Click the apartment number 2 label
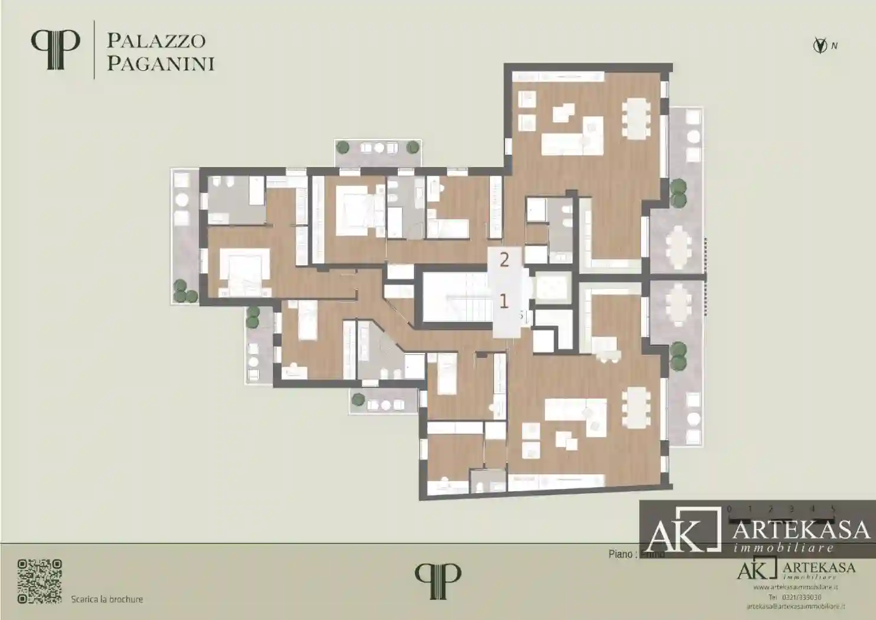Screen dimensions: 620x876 tap(504, 259)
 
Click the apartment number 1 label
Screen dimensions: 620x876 tap(504, 301)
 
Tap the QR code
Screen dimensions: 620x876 tap(40, 581)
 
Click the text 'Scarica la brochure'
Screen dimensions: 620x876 tap(107, 599)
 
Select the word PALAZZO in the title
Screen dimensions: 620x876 tap(156, 41)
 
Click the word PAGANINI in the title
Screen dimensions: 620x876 tap(161, 64)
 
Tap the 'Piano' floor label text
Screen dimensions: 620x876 tap(621, 554)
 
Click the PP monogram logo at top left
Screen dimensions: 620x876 tap(55, 50)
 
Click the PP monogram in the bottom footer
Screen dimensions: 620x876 tap(437, 580)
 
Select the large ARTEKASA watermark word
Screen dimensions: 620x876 tap(801, 530)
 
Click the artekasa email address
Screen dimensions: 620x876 tap(795, 606)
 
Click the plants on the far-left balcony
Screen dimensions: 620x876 tap(184, 291)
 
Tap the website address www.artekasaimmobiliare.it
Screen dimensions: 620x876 tap(795, 588)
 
